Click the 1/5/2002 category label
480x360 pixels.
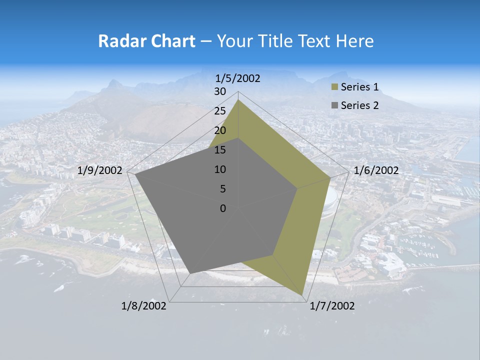(x=238, y=78)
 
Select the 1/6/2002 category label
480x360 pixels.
(x=376, y=170)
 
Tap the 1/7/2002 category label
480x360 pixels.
(x=332, y=306)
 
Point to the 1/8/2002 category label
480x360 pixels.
(x=144, y=306)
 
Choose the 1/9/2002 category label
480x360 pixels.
(x=100, y=170)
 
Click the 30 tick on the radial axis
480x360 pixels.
(x=220, y=91)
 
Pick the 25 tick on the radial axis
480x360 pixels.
(x=220, y=111)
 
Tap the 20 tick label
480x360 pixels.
(x=220, y=130)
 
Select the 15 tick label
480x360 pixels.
(x=220, y=150)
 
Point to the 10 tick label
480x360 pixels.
(x=220, y=169)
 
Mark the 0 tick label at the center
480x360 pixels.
(x=223, y=208)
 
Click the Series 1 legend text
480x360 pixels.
(x=359, y=87)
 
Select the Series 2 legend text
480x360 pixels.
(x=359, y=105)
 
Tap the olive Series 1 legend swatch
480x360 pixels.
(x=334, y=87)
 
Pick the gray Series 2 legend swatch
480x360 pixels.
(x=334, y=105)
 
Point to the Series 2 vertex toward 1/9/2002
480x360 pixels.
(x=135, y=174)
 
